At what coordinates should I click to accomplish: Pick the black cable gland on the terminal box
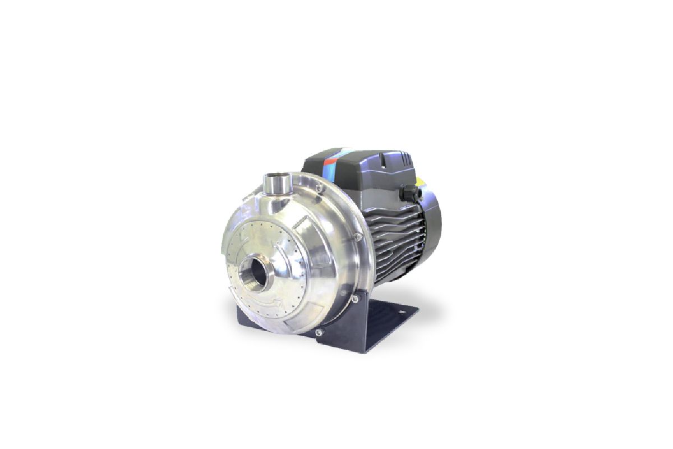point(407,194)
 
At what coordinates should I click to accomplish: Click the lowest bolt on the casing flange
point(319,332)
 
